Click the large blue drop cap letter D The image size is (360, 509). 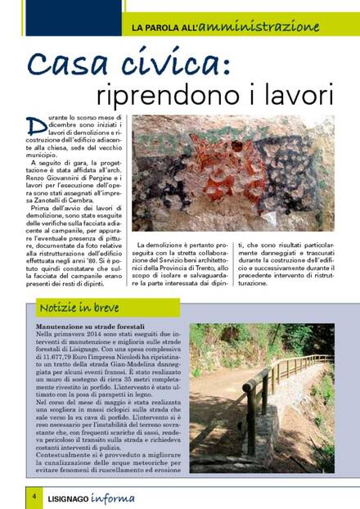[34, 125]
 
